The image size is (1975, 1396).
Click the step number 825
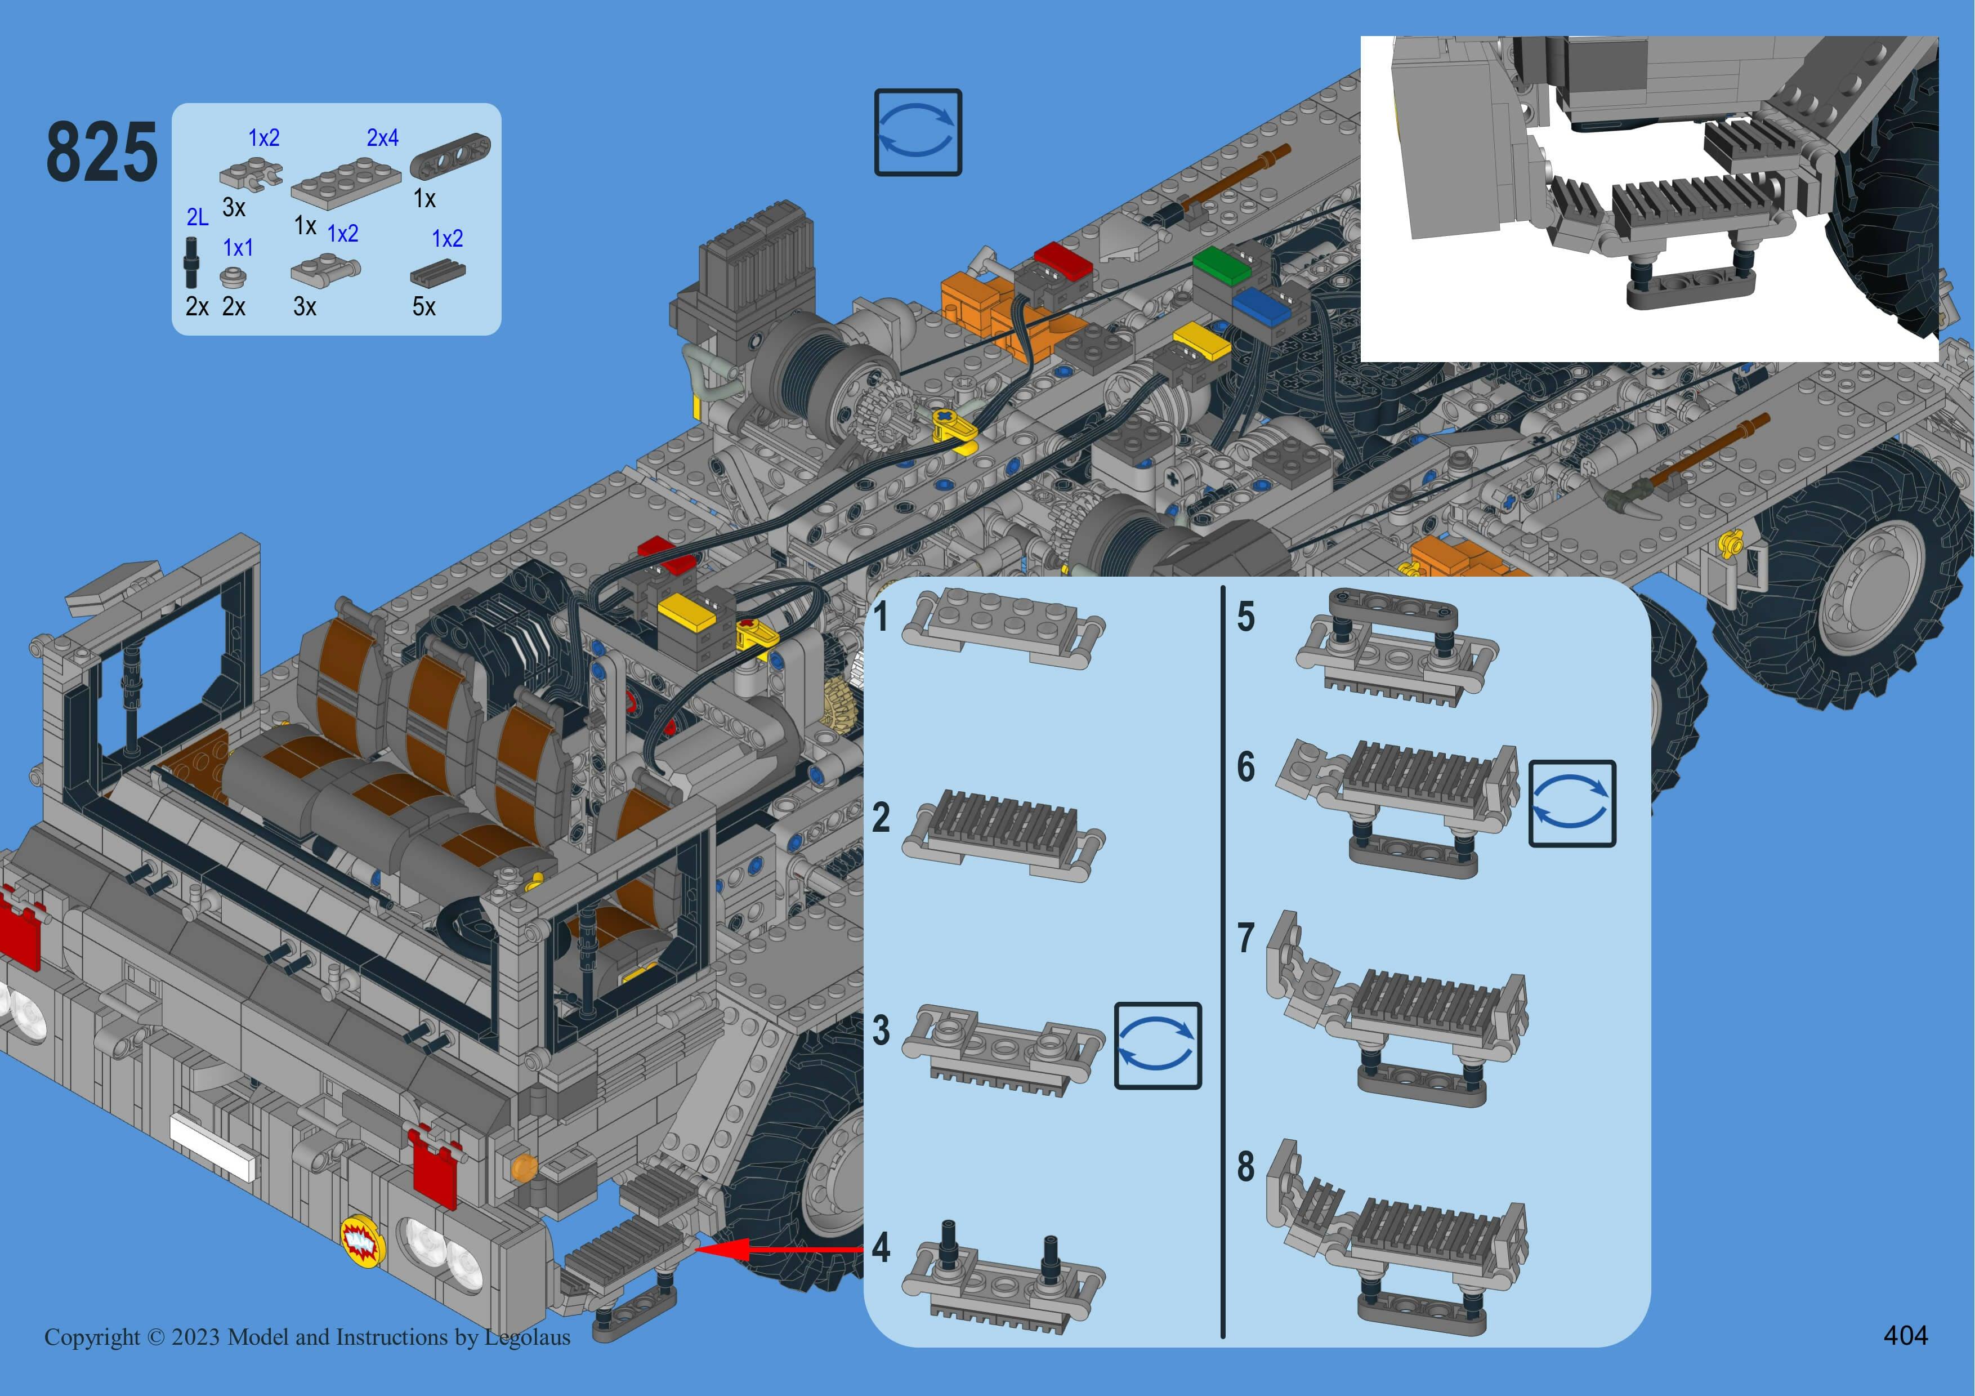(101, 152)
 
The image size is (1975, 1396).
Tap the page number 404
(1905, 1335)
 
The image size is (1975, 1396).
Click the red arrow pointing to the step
(779, 1249)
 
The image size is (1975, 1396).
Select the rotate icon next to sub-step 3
(1158, 1046)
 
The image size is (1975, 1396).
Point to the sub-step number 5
(1245, 617)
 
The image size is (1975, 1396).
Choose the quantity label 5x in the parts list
(424, 307)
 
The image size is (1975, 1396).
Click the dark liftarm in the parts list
(451, 155)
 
